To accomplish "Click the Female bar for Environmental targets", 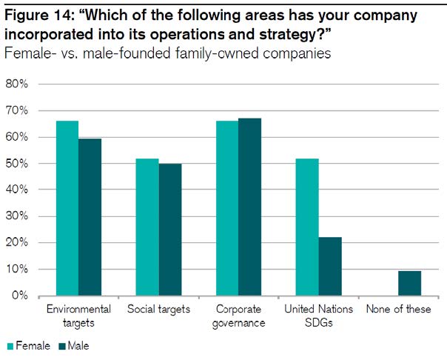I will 67,208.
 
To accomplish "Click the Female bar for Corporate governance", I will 227,208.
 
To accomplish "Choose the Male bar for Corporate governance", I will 250,207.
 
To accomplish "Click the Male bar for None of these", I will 410,283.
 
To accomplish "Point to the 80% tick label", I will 17,84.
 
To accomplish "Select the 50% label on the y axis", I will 17,164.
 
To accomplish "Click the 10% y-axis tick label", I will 17,270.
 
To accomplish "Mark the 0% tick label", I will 19,296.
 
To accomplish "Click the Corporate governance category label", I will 238,315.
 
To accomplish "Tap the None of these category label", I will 398,309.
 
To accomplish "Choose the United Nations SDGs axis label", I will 319,315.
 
